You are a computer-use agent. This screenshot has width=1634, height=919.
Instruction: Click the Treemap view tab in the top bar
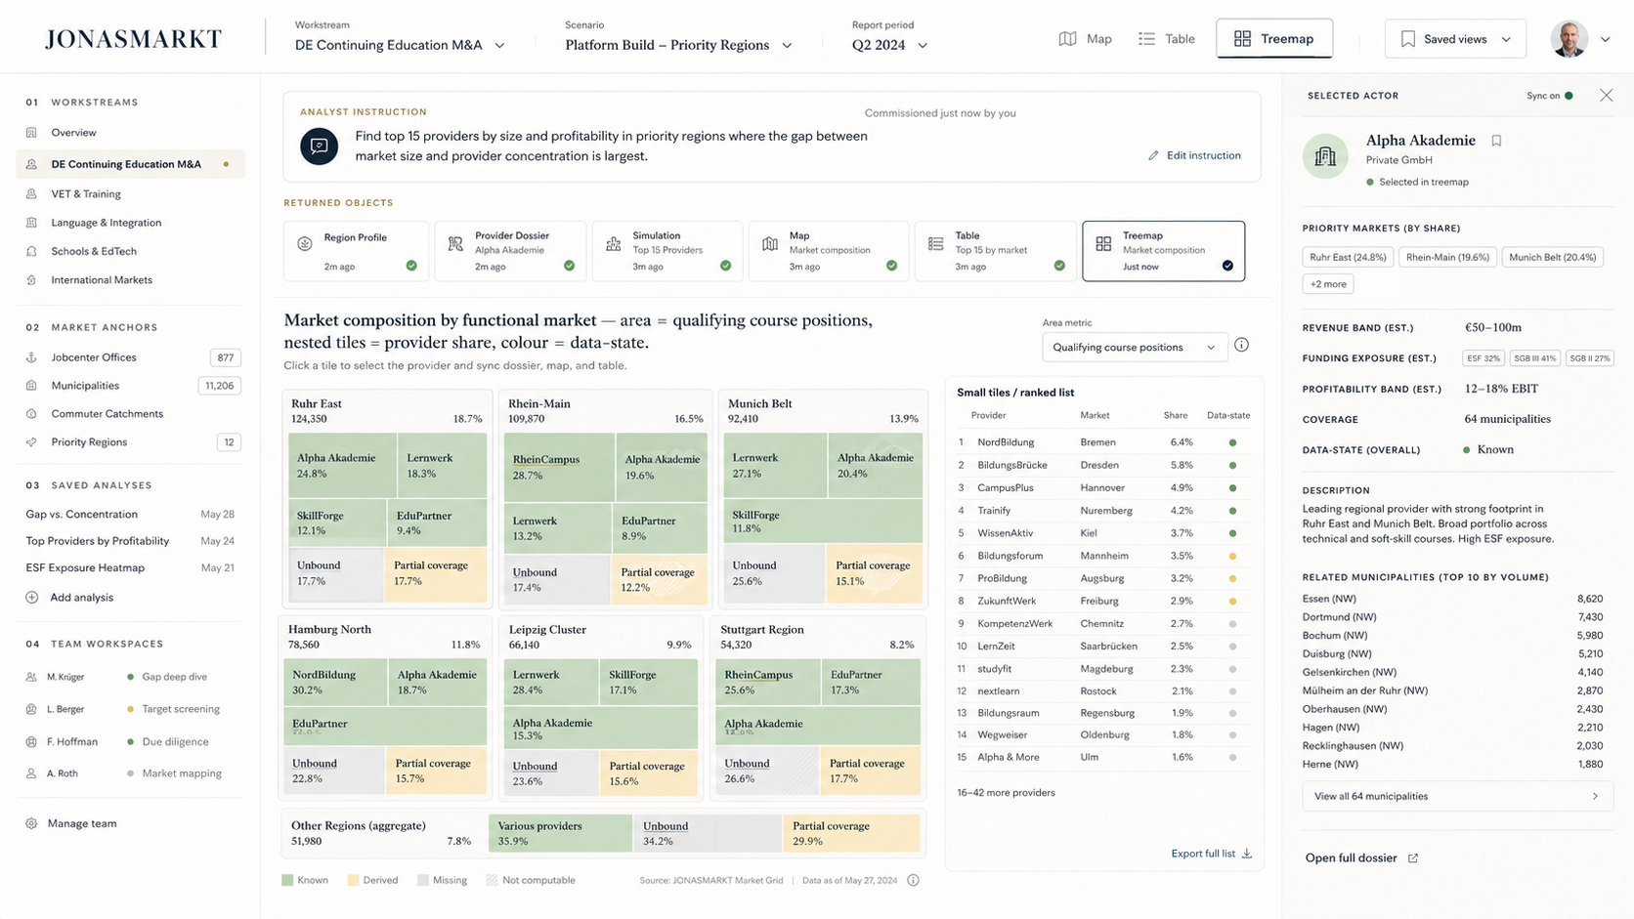(1273, 39)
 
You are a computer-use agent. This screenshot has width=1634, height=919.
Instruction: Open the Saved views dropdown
(1455, 39)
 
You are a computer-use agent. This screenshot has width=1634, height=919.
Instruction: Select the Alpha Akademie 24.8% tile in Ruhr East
(343, 466)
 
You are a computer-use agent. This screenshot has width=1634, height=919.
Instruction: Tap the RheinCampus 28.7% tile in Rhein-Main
(559, 467)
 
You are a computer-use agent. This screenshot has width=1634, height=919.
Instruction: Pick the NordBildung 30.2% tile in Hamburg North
(335, 682)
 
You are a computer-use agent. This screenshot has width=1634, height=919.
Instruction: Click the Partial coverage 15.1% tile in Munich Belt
(874, 573)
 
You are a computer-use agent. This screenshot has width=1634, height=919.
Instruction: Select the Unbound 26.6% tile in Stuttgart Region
(767, 772)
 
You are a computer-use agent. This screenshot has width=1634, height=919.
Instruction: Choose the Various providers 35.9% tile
(560, 833)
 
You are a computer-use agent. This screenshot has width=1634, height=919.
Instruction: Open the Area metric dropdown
(1135, 347)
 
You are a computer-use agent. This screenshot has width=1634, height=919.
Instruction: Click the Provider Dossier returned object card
(510, 251)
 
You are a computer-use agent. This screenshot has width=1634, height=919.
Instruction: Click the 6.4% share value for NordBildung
(1181, 442)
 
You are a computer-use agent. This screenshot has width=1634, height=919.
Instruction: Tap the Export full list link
(1211, 854)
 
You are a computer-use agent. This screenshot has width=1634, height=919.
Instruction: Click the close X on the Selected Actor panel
(1607, 96)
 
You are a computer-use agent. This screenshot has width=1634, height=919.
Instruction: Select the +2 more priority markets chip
(1327, 283)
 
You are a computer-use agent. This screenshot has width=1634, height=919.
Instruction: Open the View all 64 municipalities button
(1457, 796)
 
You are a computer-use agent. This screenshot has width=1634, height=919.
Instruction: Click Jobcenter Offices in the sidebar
(94, 357)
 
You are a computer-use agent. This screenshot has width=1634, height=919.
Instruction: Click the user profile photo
(1569, 39)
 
